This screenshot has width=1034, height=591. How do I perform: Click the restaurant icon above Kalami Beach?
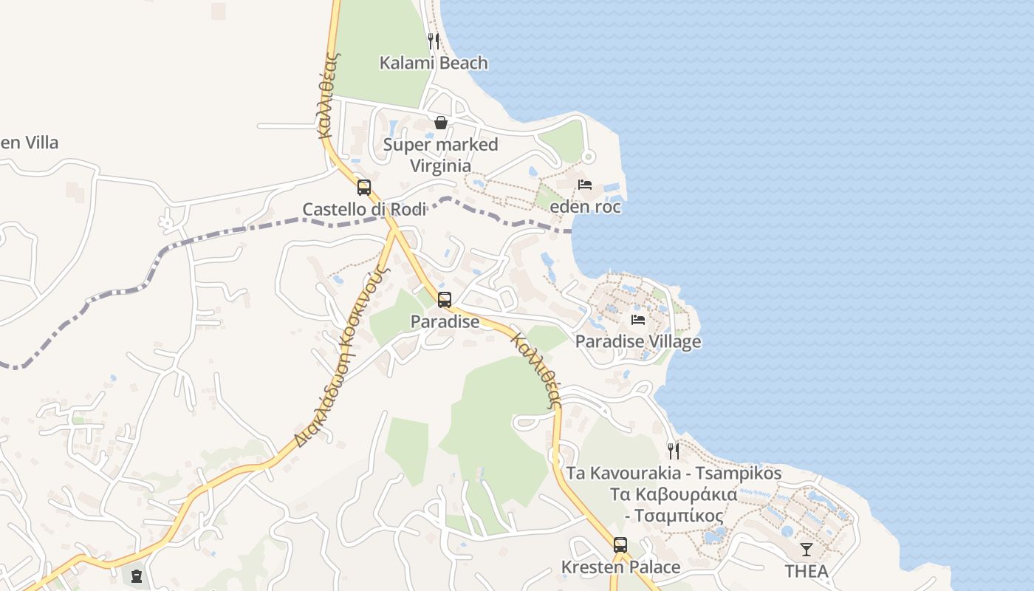(x=434, y=41)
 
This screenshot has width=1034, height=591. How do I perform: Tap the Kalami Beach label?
(x=434, y=63)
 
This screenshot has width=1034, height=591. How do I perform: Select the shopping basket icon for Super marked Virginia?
(x=441, y=123)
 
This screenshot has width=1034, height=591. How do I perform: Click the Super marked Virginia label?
(x=440, y=154)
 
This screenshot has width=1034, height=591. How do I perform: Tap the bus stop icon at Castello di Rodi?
(x=363, y=188)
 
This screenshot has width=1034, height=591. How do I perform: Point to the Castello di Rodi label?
(x=364, y=209)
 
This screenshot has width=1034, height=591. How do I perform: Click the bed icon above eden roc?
(x=585, y=185)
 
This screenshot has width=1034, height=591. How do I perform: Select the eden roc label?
(x=585, y=207)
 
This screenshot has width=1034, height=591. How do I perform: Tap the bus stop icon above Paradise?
(x=445, y=300)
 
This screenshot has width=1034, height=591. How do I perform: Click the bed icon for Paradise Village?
(x=638, y=320)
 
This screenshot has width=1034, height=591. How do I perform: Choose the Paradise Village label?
(x=638, y=341)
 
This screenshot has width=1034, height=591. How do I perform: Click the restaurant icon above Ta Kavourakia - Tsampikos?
(x=673, y=451)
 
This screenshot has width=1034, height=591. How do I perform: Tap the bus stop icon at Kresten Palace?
(x=620, y=545)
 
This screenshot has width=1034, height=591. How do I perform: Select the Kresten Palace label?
(x=620, y=567)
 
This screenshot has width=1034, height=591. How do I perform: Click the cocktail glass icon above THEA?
(x=807, y=550)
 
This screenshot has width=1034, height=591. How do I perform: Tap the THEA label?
(x=807, y=571)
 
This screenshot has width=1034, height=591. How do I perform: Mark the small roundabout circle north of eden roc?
(x=588, y=157)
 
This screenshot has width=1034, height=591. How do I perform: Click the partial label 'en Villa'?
(x=30, y=143)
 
